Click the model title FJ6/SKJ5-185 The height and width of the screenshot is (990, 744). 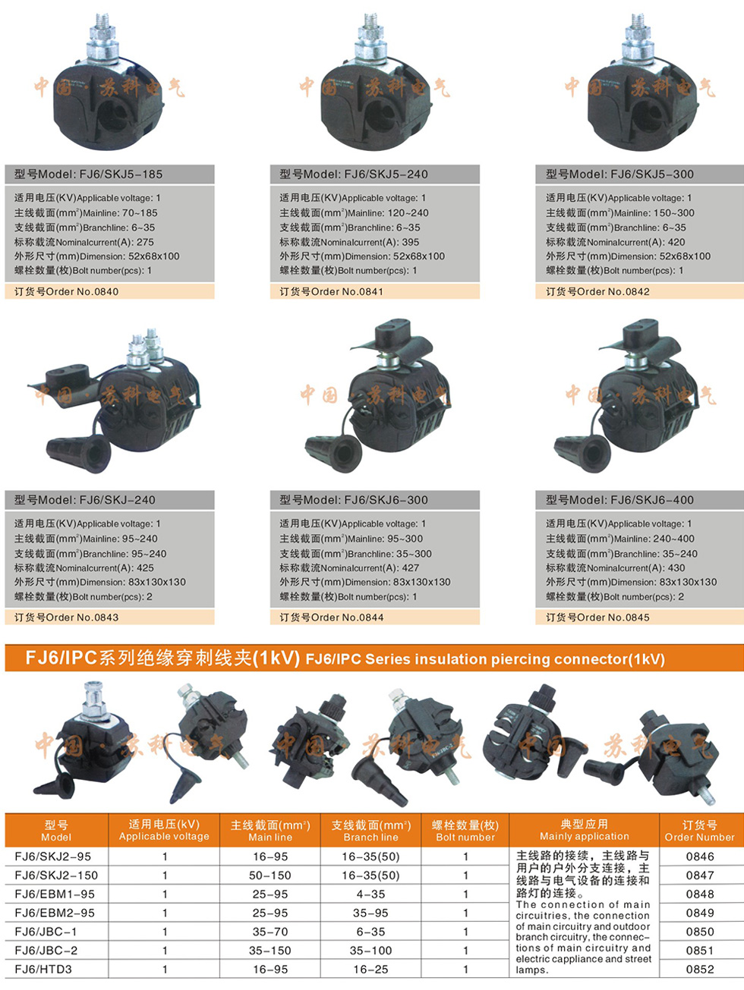point(88,174)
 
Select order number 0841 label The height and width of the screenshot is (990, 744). point(331,291)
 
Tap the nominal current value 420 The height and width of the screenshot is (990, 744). point(676,242)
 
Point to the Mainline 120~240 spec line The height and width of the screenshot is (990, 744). point(354,213)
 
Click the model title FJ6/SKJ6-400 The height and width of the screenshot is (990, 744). point(620,500)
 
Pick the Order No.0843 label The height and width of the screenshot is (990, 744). point(66,617)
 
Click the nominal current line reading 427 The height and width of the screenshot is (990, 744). point(349,568)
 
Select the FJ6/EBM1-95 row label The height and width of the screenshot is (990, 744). point(55,894)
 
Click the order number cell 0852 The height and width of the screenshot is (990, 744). point(700,969)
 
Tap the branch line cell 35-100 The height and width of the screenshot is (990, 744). point(370,951)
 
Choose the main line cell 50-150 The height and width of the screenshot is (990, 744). point(270,875)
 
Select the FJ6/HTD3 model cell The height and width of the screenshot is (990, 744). point(43,969)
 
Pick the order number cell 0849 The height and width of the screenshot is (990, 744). point(700,913)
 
